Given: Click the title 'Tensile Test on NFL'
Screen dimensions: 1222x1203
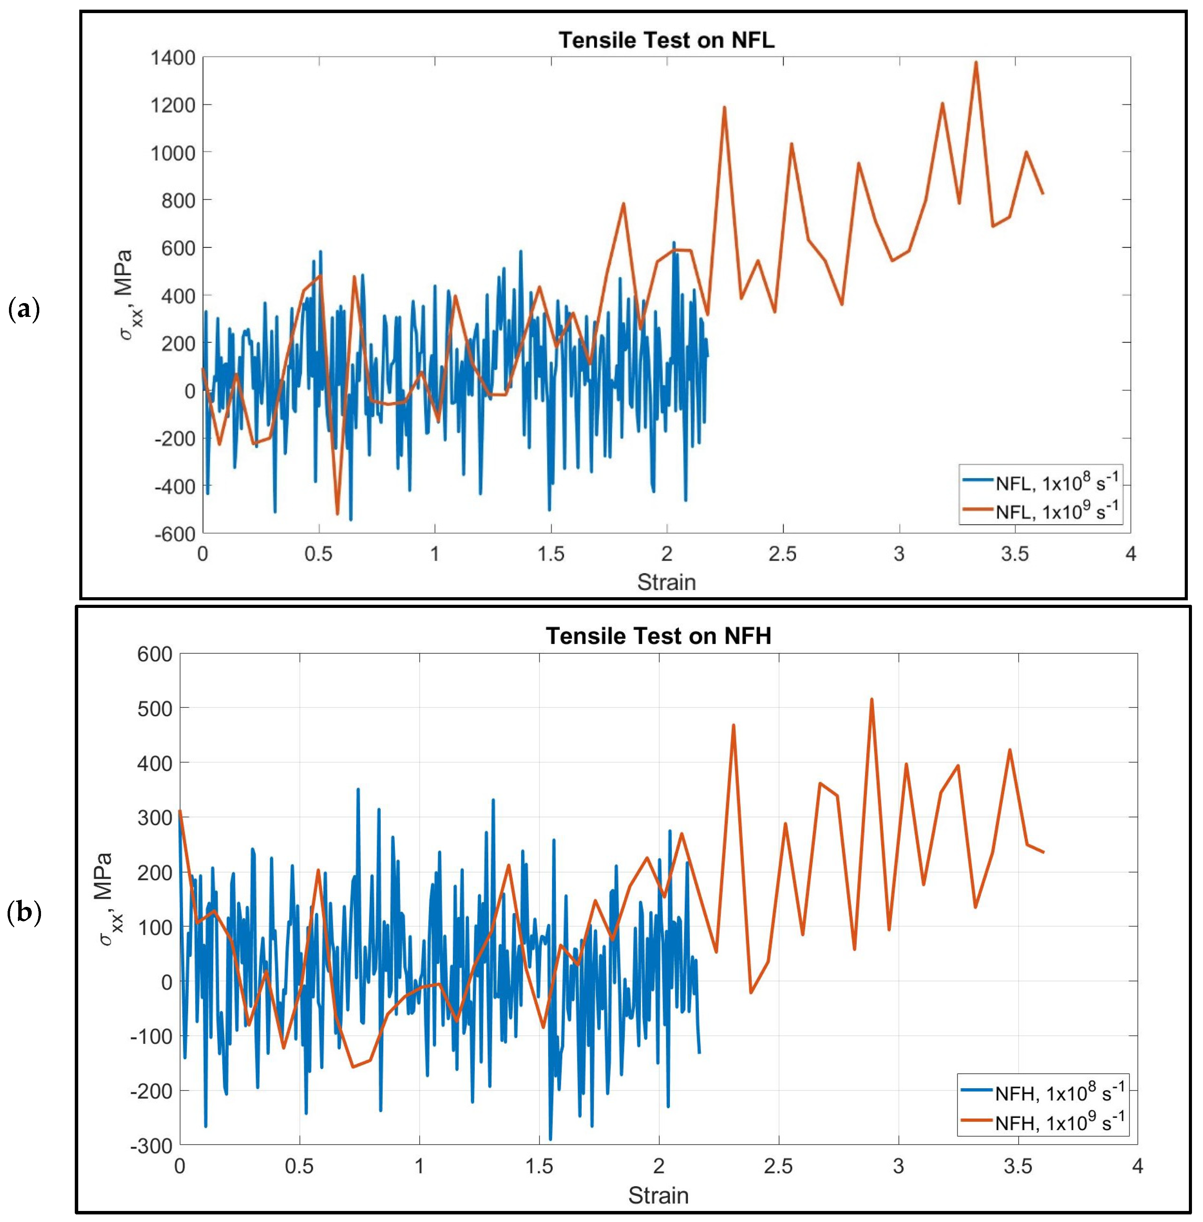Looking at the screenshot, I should pos(666,40).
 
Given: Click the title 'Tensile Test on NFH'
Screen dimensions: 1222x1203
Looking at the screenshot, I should pos(659,636).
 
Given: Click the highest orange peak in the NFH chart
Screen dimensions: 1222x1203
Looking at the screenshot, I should pos(871,699).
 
